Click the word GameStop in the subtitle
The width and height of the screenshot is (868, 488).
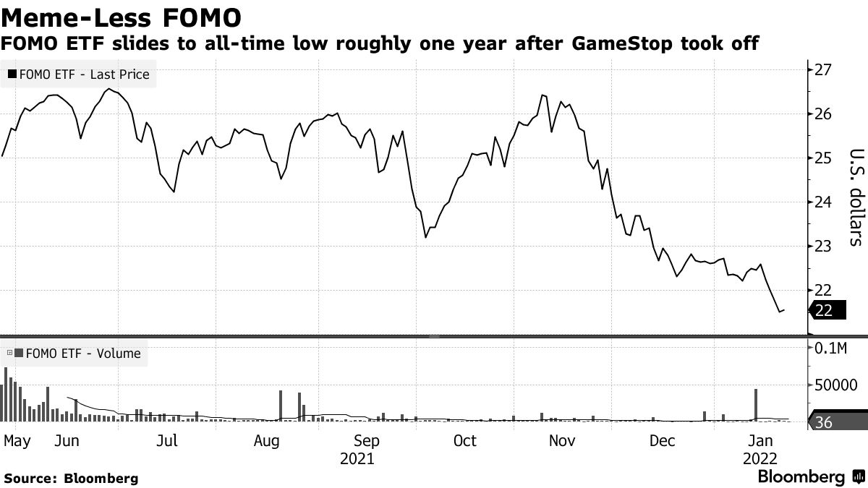624,44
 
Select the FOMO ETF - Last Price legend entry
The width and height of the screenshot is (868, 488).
80,74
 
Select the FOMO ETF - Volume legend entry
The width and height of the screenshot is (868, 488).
75,354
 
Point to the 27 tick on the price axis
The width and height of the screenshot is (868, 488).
823,70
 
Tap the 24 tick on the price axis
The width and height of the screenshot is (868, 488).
823,202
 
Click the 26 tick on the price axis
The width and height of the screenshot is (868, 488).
823,114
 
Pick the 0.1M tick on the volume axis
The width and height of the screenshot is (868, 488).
830,348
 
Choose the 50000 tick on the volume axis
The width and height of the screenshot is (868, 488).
835,385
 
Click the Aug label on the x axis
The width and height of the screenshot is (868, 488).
267,440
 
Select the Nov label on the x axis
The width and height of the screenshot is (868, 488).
562,440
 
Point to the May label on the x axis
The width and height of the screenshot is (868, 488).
17,440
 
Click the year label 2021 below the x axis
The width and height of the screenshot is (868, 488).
357,458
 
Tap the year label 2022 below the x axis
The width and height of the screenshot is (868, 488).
759,458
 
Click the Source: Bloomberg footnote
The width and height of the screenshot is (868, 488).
70,478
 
